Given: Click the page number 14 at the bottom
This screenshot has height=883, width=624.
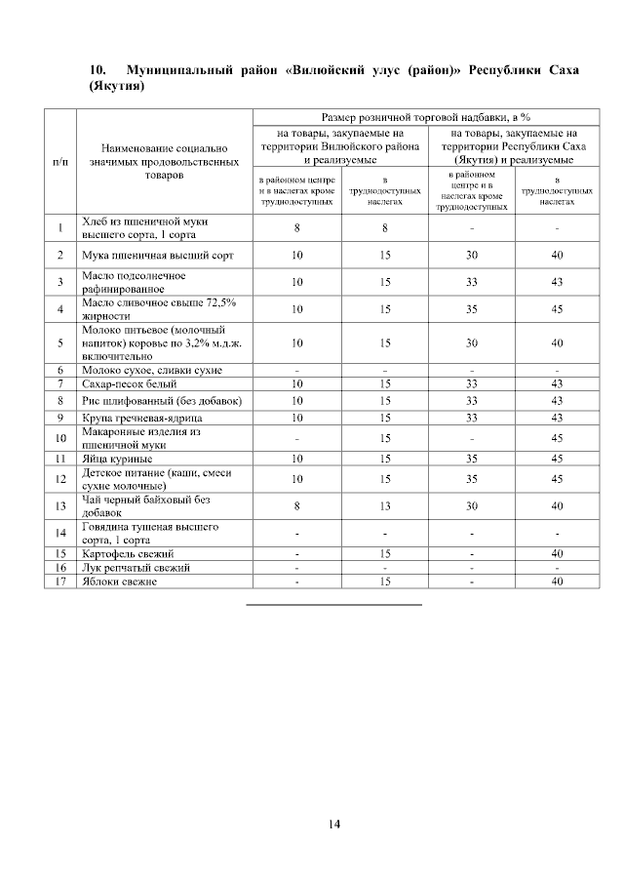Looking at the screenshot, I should pyautogui.click(x=333, y=825).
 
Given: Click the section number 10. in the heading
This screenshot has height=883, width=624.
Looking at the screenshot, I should pyautogui.click(x=97, y=71).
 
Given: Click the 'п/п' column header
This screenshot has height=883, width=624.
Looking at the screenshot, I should pyautogui.click(x=59, y=160).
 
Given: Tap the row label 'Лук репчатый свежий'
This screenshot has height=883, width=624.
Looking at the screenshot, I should pyautogui.click(x=122, y=567).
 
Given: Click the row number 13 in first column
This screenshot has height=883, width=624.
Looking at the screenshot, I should pyautogui.click(x=59, y=505).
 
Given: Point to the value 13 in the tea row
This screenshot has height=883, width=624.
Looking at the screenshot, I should pyautogui.click(x=385, y=505).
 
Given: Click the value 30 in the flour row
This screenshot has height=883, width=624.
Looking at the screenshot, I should pyautogui.click(x=472, y=256).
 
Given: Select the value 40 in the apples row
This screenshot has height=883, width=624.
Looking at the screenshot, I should pyautogui.click(x=558, y=582).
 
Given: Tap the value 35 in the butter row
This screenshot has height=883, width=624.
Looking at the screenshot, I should pyautogui.click(x=472, y=309).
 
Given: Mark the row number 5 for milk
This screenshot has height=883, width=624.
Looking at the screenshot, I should pyautogui.click(x=59, y=343).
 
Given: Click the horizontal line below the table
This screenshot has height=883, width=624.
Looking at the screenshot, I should pyautogui.click(x=333, y=605).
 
